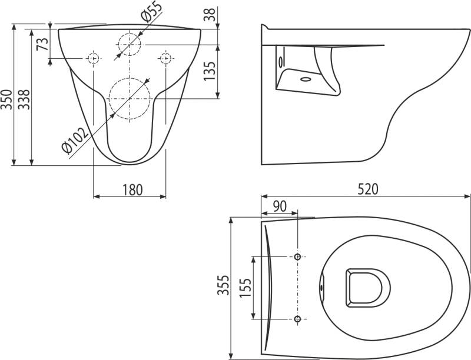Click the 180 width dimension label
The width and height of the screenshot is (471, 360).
point(132,189)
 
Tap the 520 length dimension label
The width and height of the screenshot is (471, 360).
point(367,189)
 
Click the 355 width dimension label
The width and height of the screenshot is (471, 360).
point(223,287)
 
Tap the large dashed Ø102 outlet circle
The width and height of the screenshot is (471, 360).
point(130,98)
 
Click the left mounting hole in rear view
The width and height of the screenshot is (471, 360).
point(93,58)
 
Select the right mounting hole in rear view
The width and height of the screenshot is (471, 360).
point(165,58)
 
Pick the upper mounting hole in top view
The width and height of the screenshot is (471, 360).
point(298,256)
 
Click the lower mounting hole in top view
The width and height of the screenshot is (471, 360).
point(298,319)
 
